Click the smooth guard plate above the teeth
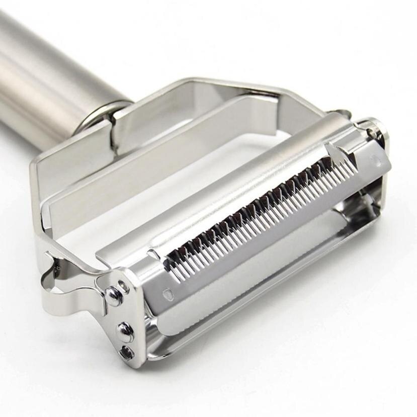[x=226, y=191]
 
